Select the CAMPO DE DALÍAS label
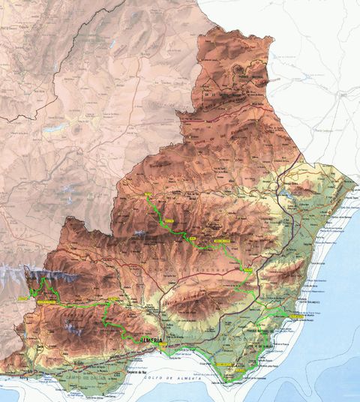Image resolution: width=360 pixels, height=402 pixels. [x=71, y=373]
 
